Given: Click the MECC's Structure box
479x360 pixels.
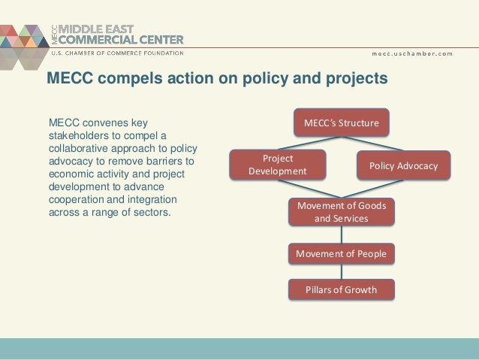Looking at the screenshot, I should [341, 122].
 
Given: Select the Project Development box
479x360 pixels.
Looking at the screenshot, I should [277, 165].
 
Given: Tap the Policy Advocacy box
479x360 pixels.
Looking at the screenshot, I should [403, 165].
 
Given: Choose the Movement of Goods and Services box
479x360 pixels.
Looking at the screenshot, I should [341, 212].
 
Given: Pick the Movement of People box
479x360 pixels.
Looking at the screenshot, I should [341, 254].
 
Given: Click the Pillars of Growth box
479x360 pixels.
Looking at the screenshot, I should [341, 289].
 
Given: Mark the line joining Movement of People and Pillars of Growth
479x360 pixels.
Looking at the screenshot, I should [342, 272].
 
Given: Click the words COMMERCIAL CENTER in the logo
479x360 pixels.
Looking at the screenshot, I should [119, 41].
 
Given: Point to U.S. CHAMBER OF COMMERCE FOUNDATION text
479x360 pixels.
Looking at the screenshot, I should [116, 53].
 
